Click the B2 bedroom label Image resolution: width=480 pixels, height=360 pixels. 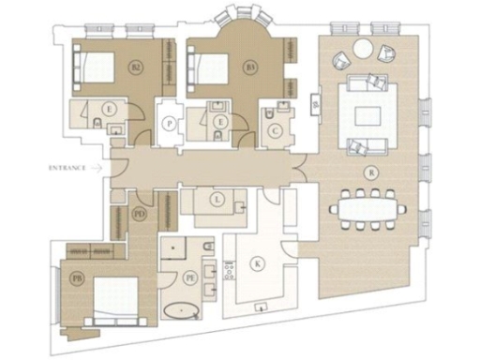[136, 67]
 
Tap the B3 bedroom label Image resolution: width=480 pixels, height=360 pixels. [250, 67]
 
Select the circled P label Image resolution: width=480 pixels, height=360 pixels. [169, 123]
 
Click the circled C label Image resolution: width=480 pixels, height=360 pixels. [276, 131]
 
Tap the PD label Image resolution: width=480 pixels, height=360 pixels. [140, 214]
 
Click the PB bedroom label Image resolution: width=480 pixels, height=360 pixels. [78, 278]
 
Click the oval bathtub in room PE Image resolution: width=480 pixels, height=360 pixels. [181, 309]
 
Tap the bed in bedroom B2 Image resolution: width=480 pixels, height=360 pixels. [97, 67]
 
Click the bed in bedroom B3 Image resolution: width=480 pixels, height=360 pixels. [211, 67]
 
